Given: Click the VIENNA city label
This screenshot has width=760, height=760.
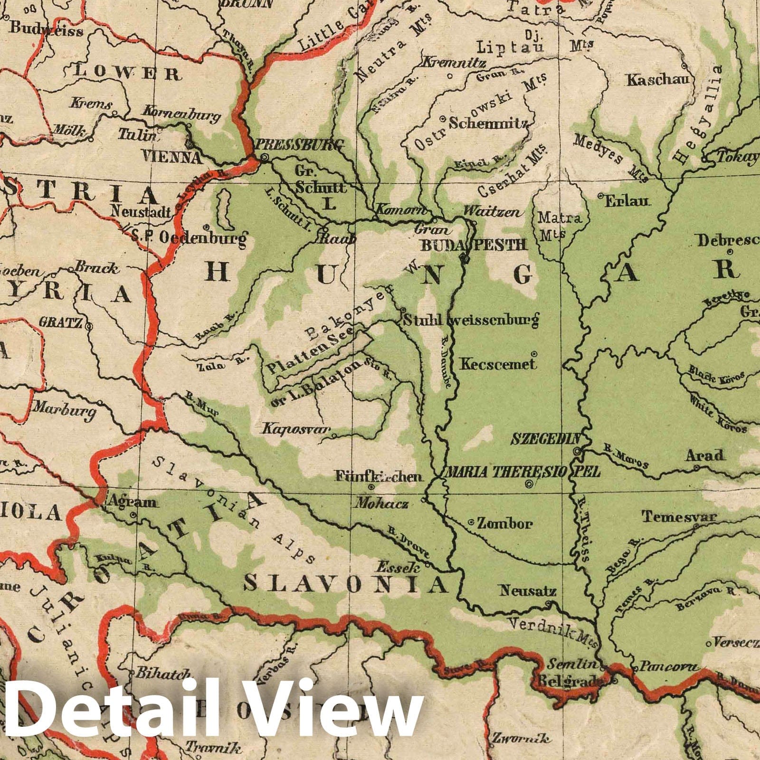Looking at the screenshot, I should click(x=171, y=157).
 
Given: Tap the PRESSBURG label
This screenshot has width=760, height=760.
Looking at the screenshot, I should click(x=299, y=145).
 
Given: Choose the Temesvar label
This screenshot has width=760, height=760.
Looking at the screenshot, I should click(x=679, y=516).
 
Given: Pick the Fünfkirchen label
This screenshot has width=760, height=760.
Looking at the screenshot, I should click(x=378, y=476).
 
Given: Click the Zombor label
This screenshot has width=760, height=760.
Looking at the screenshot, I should click(x=504, y=524).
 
